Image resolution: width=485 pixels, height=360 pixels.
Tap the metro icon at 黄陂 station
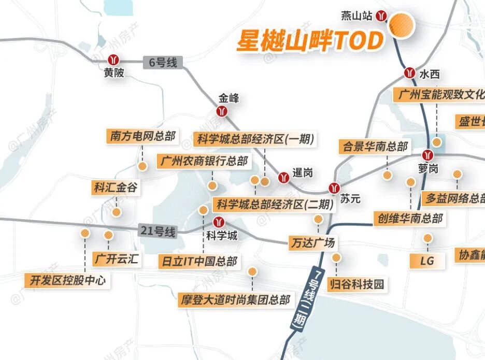[x=113, y=60]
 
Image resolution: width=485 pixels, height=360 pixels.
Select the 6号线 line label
[x=163, y=63]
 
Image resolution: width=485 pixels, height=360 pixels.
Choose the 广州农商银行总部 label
[x=204, y=161]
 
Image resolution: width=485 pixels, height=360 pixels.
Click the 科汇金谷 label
[x=116, y=188]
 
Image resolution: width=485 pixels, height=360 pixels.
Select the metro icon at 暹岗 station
[x=283, y=177]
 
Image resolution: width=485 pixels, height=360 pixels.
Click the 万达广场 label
[x=312, y=242]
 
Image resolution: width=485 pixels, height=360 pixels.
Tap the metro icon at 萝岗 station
[x=427, y=155]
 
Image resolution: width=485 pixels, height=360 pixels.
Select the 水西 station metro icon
[x=410, y=73]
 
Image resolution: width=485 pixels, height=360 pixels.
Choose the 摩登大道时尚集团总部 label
[x=234, y=299]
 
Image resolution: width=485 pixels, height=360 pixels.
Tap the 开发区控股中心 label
[x=68, y=281]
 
